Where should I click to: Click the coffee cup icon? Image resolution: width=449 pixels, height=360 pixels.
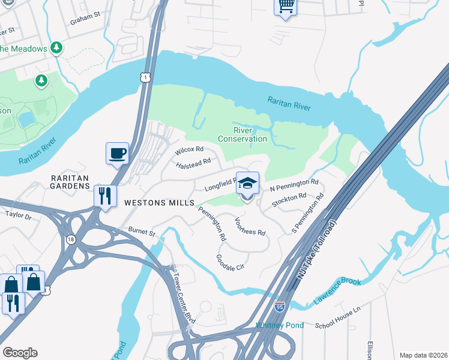point(117,152)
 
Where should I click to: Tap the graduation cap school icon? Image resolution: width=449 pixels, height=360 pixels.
point(247,182)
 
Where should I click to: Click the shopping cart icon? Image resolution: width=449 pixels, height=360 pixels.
point(285,6)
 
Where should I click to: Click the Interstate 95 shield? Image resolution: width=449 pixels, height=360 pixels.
point(280,307)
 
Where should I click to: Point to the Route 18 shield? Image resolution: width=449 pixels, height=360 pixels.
point(71,238)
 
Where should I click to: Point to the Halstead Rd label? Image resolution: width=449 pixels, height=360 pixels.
point(193,162)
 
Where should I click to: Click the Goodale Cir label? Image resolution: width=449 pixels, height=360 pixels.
point(231,262)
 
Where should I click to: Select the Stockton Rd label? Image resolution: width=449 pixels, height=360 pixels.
point(289,200)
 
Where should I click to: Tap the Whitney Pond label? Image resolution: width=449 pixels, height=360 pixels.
point(280,325)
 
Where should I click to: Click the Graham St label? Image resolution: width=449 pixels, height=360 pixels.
point(83,19)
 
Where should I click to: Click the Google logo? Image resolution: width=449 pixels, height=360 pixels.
point(20,353)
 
